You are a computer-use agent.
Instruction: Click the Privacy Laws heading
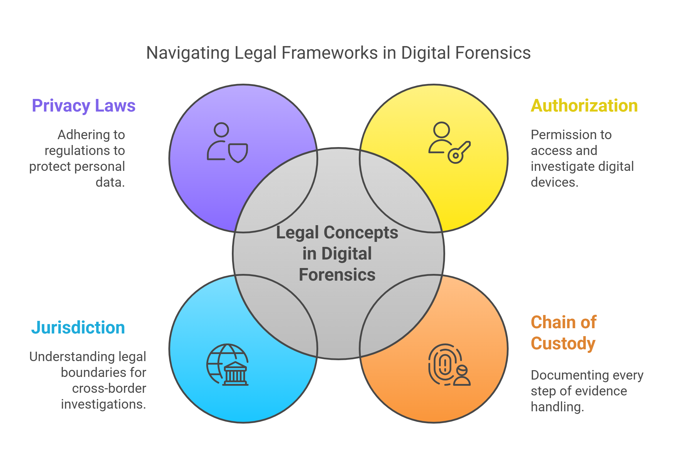[84, 106]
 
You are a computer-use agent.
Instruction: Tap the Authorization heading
[584, 106]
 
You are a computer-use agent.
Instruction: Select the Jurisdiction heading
[78, 328]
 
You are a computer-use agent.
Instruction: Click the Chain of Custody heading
[564, 333]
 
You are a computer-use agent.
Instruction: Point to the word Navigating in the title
[188, 53]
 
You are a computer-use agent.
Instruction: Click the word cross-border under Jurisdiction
[109, 389]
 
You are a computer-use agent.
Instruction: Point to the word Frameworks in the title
[329, 53]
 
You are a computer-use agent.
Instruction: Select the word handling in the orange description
[557, 407]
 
